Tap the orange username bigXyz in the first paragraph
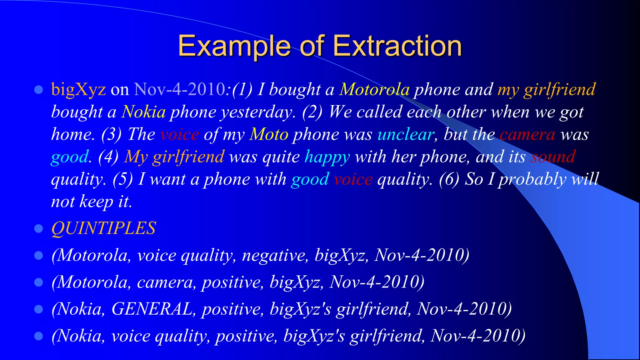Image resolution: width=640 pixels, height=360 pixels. [78, 89]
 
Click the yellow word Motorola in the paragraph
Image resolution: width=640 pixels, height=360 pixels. [374, 89]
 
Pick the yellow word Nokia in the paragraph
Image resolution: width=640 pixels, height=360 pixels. [143, 112]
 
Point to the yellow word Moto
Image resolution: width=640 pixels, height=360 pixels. [269, 134]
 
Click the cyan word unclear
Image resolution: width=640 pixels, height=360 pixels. [406, 134]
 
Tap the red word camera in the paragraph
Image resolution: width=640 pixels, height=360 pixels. [527, 134]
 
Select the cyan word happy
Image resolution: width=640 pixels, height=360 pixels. [327, 157]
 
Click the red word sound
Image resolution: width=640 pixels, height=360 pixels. [553, 157]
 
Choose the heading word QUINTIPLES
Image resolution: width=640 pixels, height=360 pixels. [103, 228]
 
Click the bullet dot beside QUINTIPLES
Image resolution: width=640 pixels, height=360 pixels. [38, 228]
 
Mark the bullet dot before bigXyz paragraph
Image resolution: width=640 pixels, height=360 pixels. [38, 90]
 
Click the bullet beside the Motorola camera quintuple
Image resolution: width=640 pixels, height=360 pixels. [38, 282]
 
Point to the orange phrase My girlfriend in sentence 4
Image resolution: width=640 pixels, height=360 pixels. [174, 157]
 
